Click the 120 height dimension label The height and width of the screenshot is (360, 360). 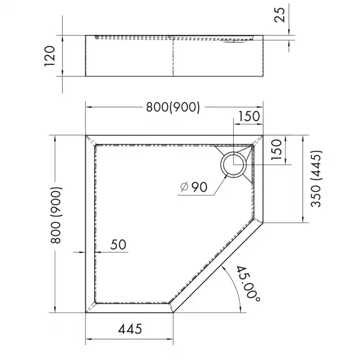tap(50, 56)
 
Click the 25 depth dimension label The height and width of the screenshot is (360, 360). tap(280, 15)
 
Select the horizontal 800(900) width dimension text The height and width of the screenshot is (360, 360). tap(173, 107)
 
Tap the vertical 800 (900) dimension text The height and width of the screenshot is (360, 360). tap(56, 215)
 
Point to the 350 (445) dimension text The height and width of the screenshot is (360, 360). tap(316, 179)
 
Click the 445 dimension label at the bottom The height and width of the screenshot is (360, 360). tap(130, 329)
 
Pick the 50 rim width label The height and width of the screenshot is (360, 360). tap(118, 245)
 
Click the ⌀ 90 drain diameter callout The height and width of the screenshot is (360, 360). tap(194, 187)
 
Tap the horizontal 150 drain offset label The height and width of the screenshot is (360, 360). tap(250, 116)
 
